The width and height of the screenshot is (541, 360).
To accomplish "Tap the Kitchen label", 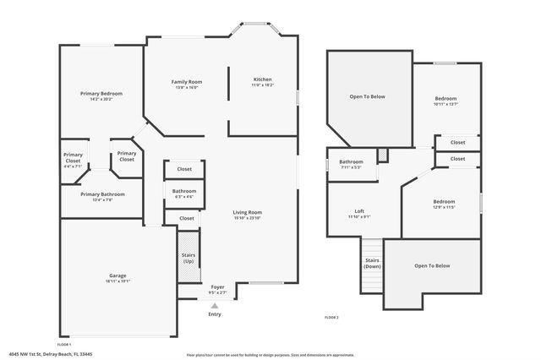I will coord(261,82).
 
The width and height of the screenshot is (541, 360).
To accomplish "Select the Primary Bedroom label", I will coord(101,95).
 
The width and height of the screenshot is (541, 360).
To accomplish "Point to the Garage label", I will coord(117,279).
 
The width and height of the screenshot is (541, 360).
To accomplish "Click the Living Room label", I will coord(248,215).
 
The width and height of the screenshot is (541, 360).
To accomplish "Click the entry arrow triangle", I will coord(215,305).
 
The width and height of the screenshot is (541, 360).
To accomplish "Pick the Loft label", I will coord(359,214).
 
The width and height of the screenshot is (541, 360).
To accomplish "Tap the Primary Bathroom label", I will coord(102,197).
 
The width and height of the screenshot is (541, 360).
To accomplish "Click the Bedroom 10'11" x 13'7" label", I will coord(445,101).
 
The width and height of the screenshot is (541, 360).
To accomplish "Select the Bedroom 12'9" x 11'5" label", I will coord(444,204).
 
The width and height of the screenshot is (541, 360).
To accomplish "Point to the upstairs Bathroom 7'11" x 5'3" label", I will coord(351,164).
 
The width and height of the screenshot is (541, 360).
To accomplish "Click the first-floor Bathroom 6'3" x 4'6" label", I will coord(184,194).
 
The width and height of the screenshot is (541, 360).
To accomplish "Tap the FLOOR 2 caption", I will coord(331,318).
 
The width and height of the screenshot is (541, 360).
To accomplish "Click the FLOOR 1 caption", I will coord(63,345).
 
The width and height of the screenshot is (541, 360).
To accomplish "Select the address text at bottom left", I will coord(41,355).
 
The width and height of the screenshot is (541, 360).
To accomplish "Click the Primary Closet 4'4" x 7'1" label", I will coord(73,160).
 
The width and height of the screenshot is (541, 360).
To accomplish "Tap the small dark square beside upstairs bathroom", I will coord(382,155).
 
